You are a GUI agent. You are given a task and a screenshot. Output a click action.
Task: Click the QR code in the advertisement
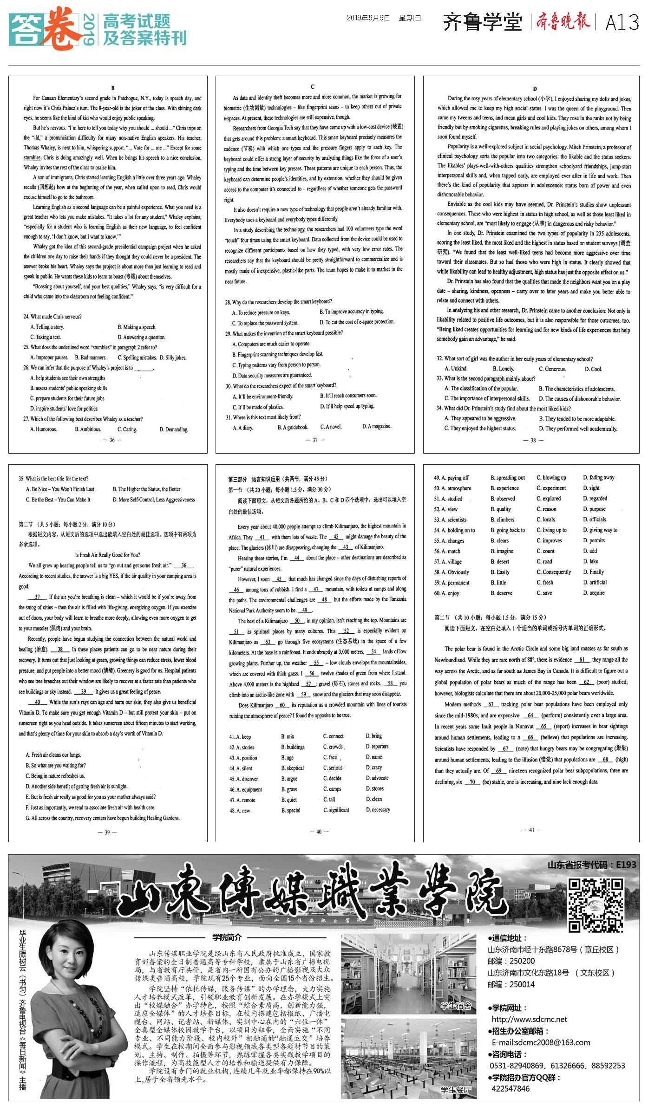click(x=596, y=905)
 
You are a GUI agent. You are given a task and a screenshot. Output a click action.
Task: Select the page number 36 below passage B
click(x=112, y=440)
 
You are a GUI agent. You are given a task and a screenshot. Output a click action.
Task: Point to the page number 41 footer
click(x=531, y=829)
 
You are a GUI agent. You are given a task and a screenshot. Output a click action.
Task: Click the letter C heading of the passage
click(x=313, y=87)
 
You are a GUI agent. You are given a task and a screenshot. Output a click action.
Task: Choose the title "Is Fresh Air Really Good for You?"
click(x=107, y=555)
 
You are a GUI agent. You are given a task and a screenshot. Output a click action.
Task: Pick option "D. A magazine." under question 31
click(x=377, y=426)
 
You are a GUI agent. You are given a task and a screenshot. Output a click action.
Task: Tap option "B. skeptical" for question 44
click(x=293, y=768)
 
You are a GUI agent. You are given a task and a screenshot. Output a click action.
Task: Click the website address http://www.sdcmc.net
click(x=529, y=1019)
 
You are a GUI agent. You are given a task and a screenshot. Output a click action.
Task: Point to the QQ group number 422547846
click(x=511, y=1088)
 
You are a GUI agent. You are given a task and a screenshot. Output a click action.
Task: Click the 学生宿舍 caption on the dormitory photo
click(x=456, y=1006)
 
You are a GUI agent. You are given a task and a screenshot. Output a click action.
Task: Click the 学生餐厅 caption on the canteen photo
click(x=456, y=1089)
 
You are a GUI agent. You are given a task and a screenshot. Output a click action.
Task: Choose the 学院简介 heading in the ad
click(x=227, y=937)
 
